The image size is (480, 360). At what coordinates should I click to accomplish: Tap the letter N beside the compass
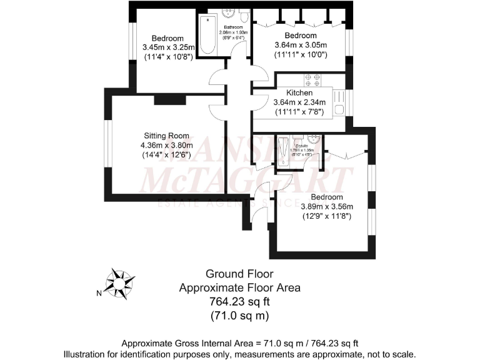(99, 292)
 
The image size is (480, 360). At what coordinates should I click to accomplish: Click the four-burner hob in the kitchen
(312, 80)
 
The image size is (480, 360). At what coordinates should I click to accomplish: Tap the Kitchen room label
(299, 92)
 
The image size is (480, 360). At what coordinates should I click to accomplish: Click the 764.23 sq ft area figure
(239, 302)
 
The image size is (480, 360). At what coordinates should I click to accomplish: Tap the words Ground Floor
(239, 274)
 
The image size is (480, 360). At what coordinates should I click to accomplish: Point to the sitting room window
(106, 144)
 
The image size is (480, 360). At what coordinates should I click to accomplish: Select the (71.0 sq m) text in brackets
(239, 316)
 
